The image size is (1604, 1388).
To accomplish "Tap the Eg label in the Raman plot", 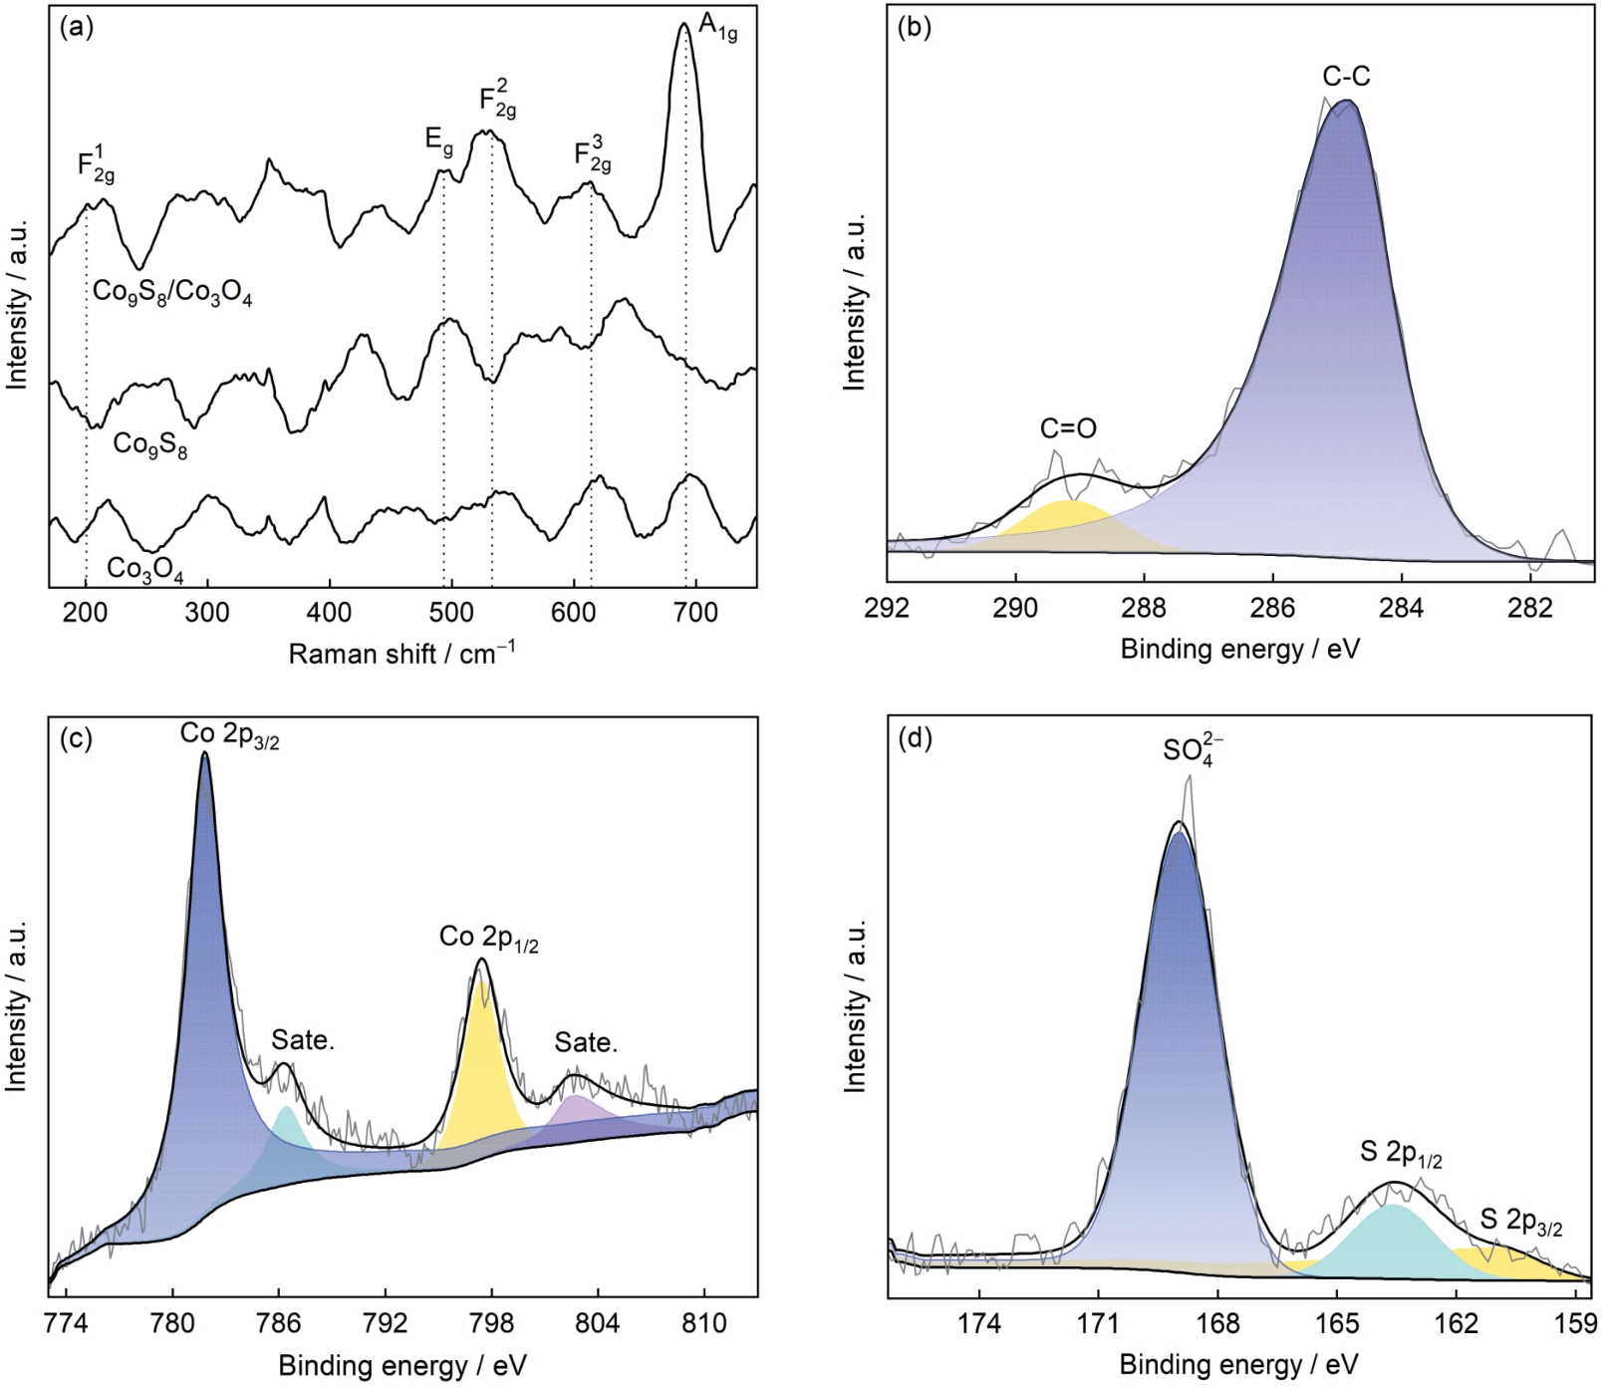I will click(438, 140).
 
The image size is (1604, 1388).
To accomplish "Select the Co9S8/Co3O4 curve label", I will click(172, 293).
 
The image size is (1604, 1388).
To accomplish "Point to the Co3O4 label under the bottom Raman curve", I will click(144, 569).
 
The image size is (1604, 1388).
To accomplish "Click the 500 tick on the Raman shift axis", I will click(450, 612).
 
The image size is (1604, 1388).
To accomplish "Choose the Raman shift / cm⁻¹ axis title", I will click(401, 654).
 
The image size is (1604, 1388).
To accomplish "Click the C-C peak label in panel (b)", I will click(1346, 76).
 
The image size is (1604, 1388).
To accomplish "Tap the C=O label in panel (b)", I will click(1068, 428).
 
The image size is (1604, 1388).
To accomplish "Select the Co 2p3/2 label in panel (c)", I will click(229, 735).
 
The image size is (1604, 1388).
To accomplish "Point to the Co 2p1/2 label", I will click(488, 938).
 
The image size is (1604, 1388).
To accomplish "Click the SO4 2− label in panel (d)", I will click(1193, 749).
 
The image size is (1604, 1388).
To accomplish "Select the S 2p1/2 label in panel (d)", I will click(1401, 1154).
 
